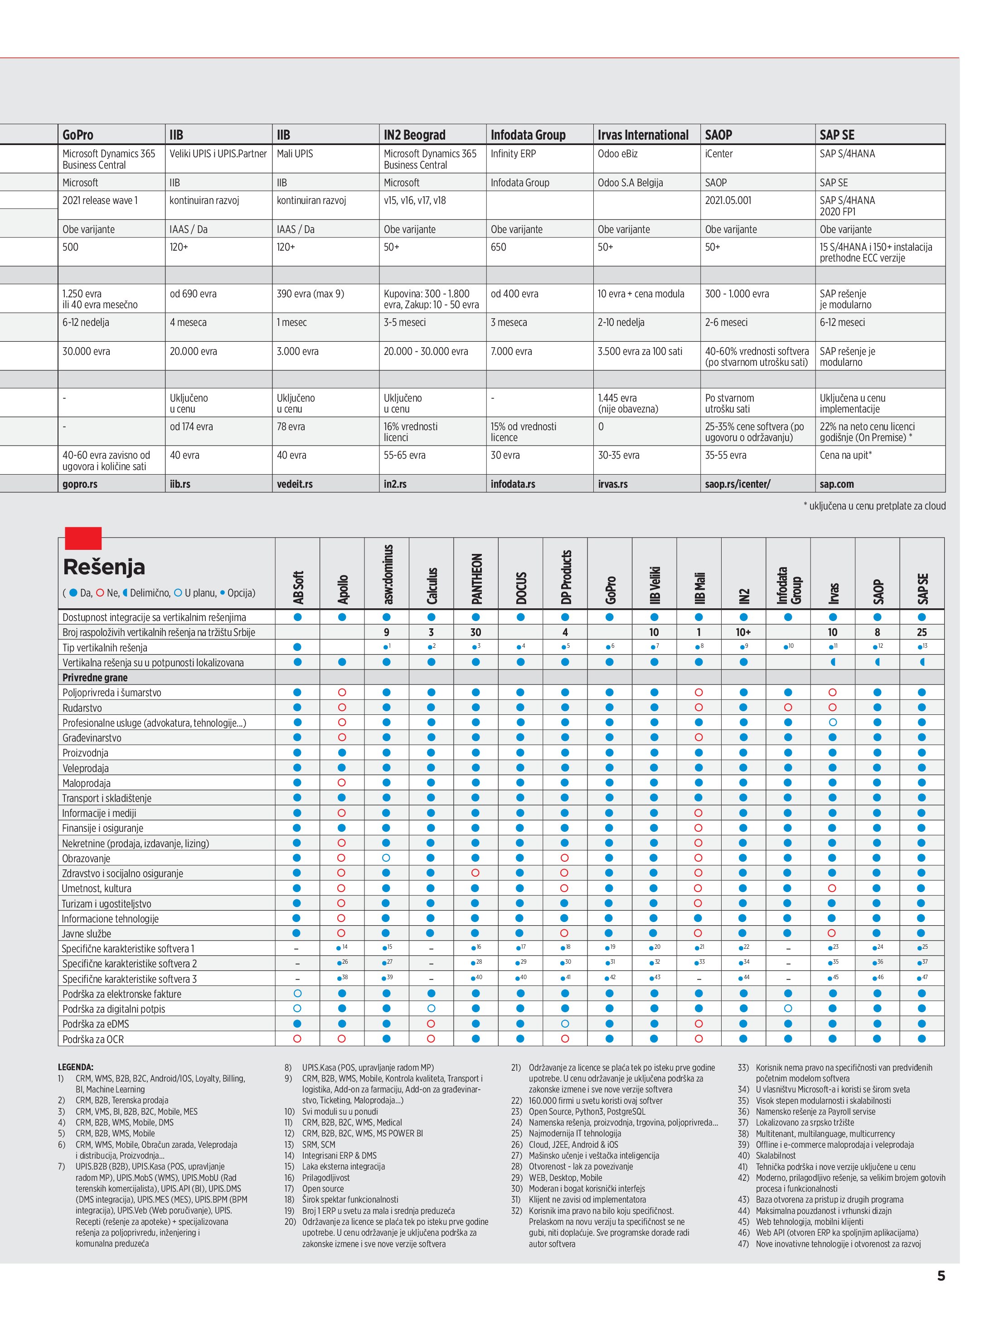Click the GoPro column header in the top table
78,135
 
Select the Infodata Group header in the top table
528,135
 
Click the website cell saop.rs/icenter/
737,484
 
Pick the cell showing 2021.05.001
728,201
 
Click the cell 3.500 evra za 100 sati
640,352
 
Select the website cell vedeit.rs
295,484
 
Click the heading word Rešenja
104,567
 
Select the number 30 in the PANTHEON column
475,632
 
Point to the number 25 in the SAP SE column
922,632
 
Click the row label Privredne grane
95,678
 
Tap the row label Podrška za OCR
93,1039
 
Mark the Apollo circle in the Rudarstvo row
342,708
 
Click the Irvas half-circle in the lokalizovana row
833,663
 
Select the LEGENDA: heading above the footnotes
76,1067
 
